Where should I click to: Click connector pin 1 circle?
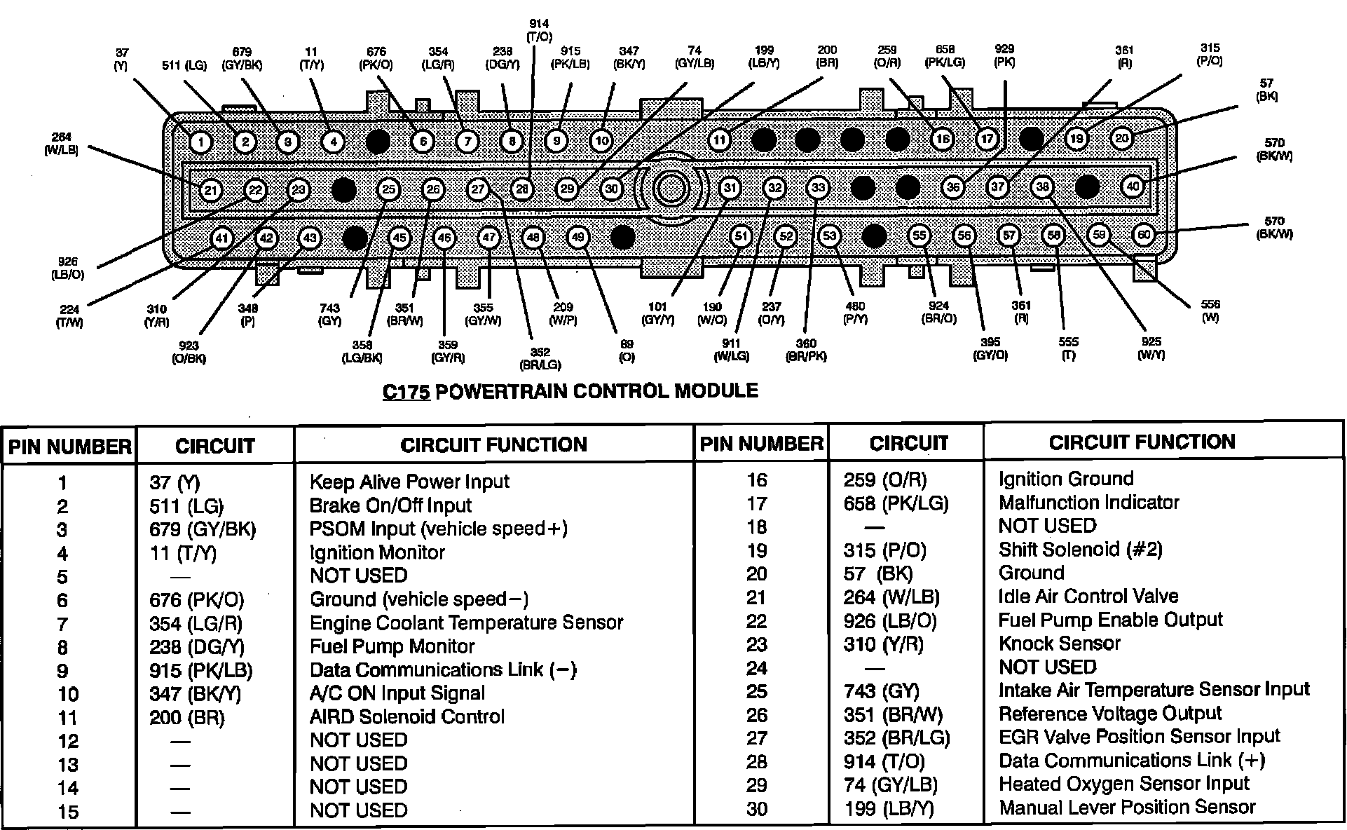click(x=200, y=142)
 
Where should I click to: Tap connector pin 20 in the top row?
click(x=1122, y=138)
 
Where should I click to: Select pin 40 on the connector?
click(x=1133, y=186)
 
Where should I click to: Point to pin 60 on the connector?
click(x=1144, y=235)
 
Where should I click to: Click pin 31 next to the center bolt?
click(x=730, y=188)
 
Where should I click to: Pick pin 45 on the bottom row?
click(x=399, y=238)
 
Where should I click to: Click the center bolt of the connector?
click(x=671, y=188)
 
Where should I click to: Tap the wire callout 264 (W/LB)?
click(x=65, y=144)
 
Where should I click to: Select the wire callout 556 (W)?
click(x=1210, y=311)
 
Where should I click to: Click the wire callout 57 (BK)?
click(x=1266, y=90)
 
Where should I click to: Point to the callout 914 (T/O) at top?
click(x=539, y=30)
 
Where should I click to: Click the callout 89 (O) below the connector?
click(x=627, y=351)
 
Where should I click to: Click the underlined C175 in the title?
click(x=406, y=391)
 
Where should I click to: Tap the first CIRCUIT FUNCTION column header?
click(x=493, y=444)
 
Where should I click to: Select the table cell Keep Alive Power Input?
click(x=409, y=482)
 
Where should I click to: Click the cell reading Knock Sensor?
click(x=1059, y=644)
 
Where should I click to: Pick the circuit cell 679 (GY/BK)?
click(x=203, y=529)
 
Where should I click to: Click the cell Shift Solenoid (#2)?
click(x=1080, y=550)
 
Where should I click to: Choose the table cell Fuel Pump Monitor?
click(x=392, y=646)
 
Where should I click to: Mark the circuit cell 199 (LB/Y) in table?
click(x=889, y=809)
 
